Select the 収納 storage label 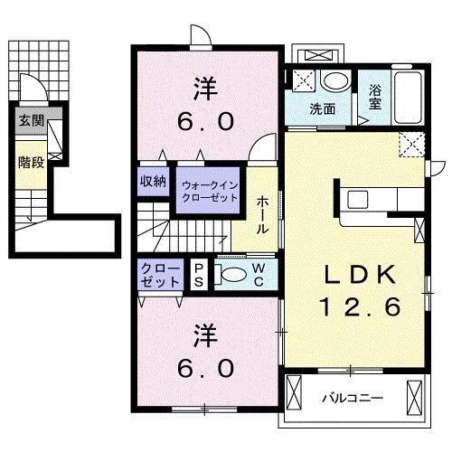[153, 181]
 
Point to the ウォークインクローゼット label [209, 191]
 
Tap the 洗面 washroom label [324, 109]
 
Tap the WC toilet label [259, 273]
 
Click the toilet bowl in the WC [233, 275]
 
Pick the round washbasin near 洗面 [334, 81]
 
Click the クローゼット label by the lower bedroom [160, 275]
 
